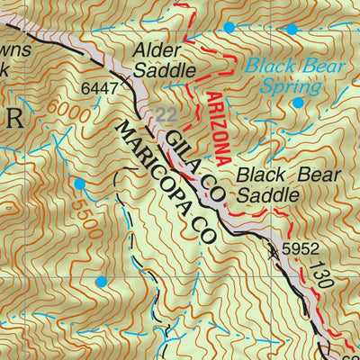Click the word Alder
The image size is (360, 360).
(x=158, y=51)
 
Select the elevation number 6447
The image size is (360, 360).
(x=99, y=89)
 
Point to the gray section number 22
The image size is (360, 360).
(x=166, y=113)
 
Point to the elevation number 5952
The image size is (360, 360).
(x=301, y=247)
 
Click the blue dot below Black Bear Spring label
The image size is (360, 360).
(x=298, y=103)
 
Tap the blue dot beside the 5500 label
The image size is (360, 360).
(x=79, y=184)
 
